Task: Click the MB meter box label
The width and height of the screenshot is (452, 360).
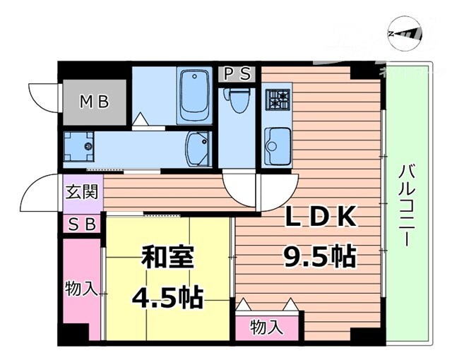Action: coord(93,102)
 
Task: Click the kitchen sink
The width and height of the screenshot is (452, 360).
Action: coord(277,143)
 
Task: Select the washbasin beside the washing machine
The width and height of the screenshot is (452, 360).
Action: coord(197,149)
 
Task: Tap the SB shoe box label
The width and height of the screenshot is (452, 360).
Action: coord(83,224)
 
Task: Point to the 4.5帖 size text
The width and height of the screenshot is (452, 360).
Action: coord(167,296)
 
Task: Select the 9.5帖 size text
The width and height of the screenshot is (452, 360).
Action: coord(319,256)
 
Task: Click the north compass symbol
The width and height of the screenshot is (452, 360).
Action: coord(405,32)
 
